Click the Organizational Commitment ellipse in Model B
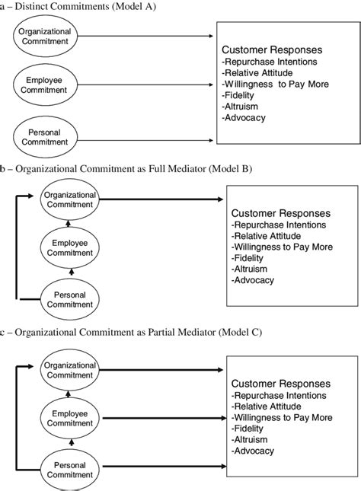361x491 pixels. pos(70,200)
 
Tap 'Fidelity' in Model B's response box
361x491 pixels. pos(249,258)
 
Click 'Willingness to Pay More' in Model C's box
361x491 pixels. pos(282,417)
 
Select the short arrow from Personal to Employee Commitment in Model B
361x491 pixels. pos(70,270)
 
